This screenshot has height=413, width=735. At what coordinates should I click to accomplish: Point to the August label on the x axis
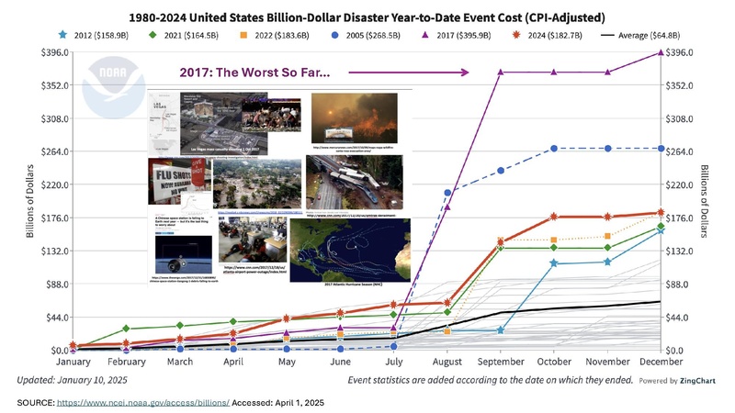click(447, 363)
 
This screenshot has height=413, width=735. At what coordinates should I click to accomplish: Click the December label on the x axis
click(661, 363)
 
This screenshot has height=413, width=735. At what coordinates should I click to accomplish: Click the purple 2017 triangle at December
click(661, 52)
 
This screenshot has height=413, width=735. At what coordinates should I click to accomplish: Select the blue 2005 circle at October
click(554, 149)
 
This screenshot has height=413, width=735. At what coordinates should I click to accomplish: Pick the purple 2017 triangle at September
click(501, 73)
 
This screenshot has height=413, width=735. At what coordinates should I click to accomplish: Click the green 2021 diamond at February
click(127, 329)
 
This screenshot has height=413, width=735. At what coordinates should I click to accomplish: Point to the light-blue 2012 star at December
click(661, 230)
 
